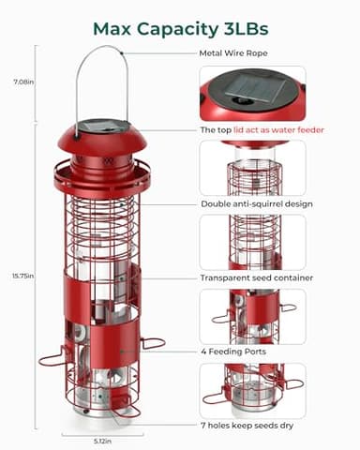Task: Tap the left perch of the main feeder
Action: click(x=52, y=357)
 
